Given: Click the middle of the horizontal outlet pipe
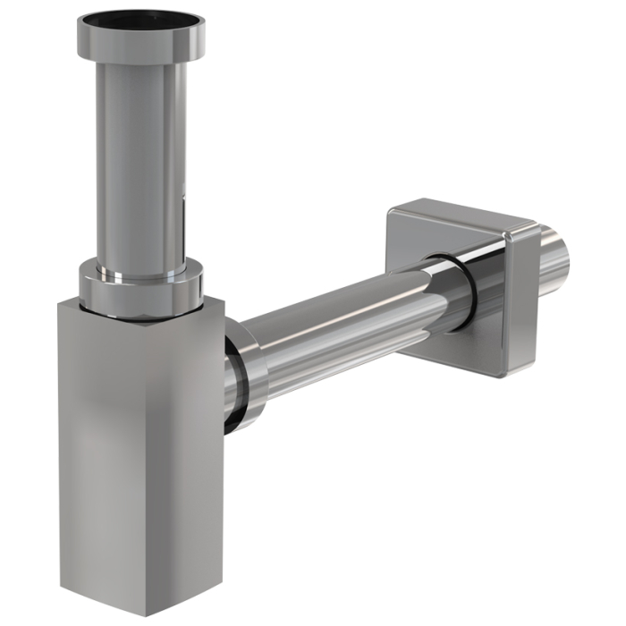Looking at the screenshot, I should click(349, 313).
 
